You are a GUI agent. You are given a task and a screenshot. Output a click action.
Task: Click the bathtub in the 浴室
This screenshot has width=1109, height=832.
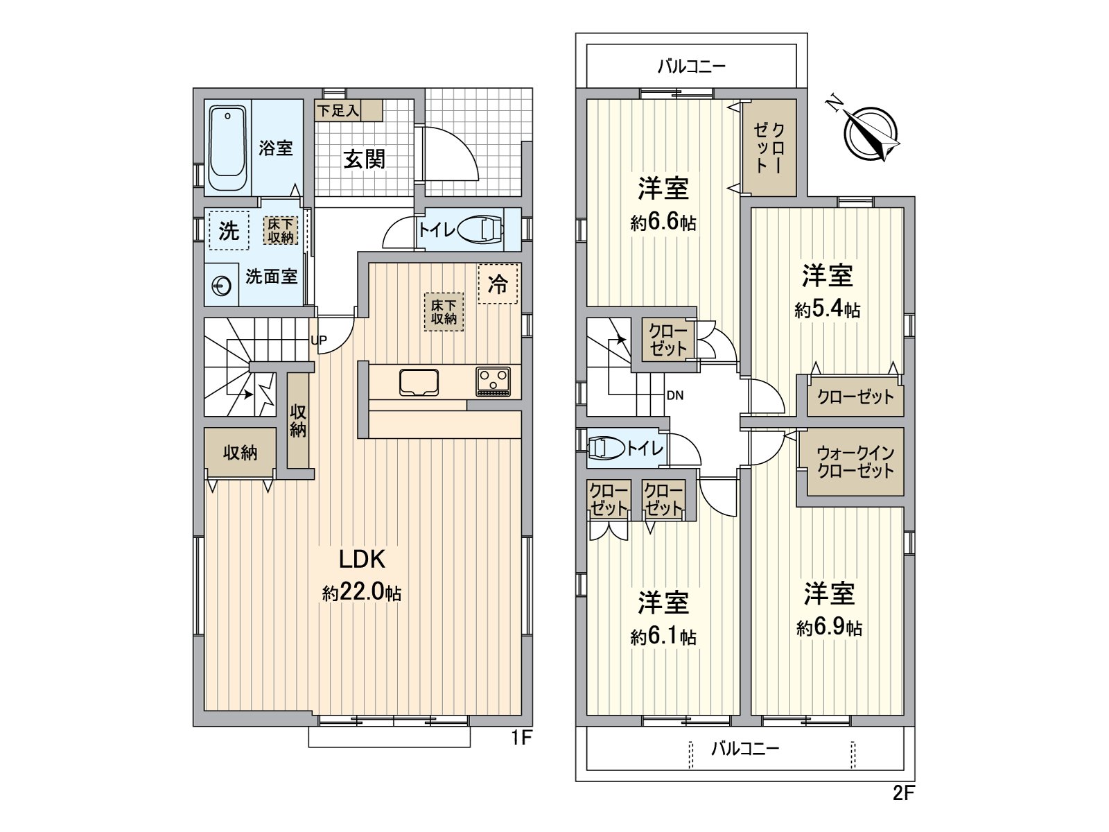(227, 148)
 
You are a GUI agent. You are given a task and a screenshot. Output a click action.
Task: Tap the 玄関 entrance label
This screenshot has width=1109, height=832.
(365, 159)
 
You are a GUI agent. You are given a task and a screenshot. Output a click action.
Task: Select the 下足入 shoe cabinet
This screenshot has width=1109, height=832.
(348, 110)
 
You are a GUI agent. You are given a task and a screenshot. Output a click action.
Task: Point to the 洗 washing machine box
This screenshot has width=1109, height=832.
(229, 230)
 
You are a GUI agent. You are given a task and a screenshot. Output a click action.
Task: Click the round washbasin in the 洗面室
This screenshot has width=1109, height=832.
(222, 286)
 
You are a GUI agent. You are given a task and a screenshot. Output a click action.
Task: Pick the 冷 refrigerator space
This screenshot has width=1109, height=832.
(498, 284)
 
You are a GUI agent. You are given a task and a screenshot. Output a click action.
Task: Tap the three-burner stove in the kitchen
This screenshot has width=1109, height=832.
(493, 381)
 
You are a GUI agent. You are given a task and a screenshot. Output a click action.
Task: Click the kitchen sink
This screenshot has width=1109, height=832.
(419, 383)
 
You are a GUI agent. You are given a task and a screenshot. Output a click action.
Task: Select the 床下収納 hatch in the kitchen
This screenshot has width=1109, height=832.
(444, 312)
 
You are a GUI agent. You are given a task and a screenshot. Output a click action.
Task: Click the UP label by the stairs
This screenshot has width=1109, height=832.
(319, 340)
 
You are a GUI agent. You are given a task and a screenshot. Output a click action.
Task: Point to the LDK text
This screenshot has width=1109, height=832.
(362, 560)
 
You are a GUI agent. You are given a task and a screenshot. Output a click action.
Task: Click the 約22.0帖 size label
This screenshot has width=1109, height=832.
(362, 592)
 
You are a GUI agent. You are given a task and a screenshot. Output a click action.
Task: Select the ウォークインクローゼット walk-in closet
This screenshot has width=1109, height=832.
(855, 462)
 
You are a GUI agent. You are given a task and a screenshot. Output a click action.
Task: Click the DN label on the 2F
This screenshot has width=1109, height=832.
(675, 395)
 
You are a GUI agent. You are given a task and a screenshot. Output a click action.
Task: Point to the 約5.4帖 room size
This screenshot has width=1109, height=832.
(827, 309)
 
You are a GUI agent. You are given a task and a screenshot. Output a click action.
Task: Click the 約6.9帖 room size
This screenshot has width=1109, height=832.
(829, 627)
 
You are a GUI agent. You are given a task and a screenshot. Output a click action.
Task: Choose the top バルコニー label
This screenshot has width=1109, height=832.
(691, 67)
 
